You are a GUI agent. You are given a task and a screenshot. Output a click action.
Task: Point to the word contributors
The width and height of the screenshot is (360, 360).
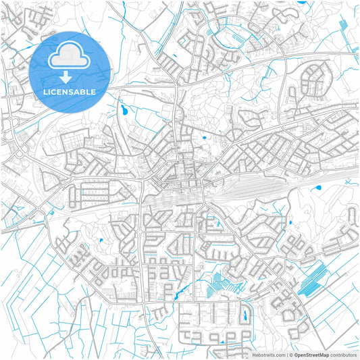pos(344,355)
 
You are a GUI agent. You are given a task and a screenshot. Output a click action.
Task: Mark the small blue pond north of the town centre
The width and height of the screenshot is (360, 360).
pos(203,138)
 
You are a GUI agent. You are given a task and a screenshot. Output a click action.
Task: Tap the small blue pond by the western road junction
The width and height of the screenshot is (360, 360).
pos(50,211)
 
